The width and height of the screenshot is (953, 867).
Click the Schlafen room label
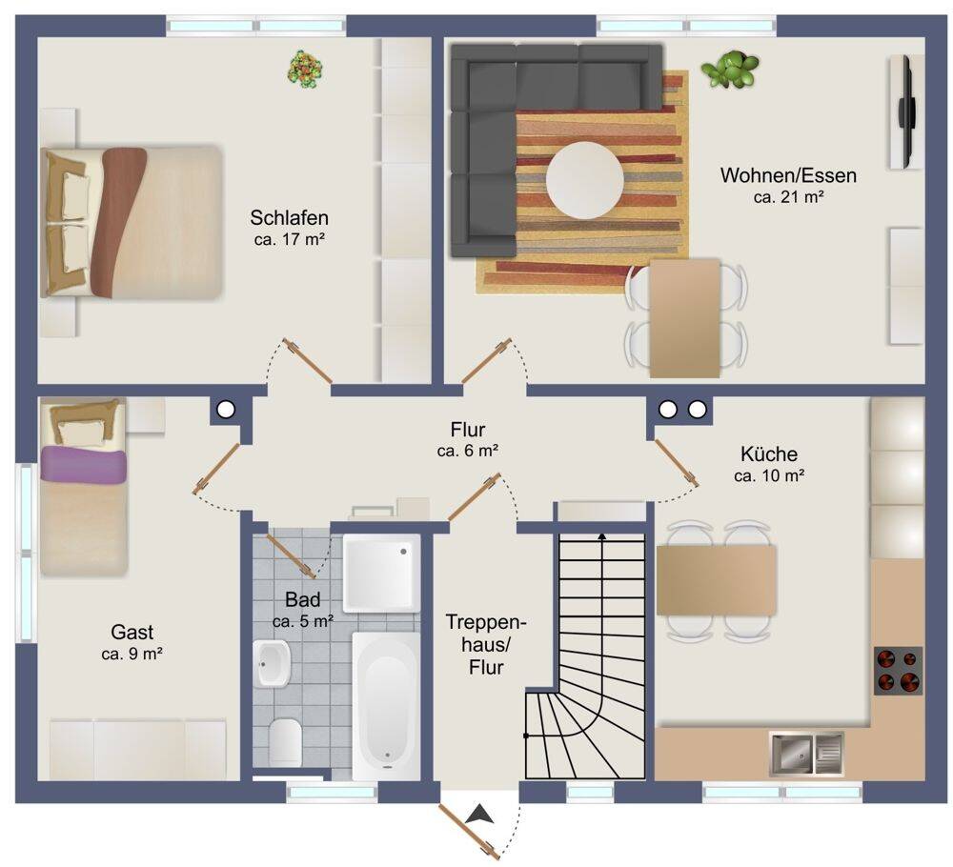click(290, 217)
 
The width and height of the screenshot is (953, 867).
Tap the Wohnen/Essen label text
click(788, 175)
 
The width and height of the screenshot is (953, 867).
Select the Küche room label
click(769, 454)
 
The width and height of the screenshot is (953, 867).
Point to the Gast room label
click(132, 633)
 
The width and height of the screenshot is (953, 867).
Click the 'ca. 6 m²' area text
click(467, 451)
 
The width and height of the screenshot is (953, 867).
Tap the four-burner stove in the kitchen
click(898, 671)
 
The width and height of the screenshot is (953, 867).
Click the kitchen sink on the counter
click(806, 754)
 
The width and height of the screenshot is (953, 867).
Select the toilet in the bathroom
click(285, 741)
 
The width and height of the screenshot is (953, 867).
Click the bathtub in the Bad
click(386, 706)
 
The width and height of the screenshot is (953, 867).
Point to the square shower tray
click(382, 574)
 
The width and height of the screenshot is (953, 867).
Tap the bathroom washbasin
click(272, 663)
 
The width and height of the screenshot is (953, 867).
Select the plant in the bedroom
click(305, 70)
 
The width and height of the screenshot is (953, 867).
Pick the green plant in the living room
click(730, 70)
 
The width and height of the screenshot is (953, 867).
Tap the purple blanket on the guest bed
click(83, 465)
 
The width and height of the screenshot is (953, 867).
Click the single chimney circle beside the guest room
click(226, 410)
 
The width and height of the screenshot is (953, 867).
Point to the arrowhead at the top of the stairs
click(602, 536)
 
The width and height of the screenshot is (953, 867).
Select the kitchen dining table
click(717, 580)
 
